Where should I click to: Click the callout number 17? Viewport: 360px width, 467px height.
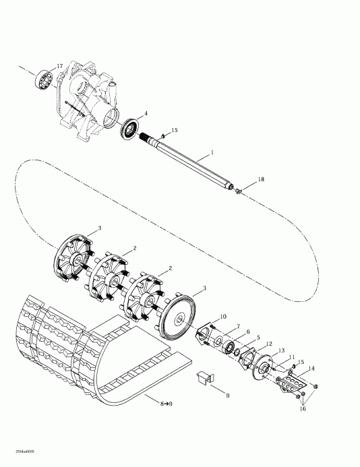click(60, 66)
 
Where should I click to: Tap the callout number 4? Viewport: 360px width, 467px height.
click(146, 114)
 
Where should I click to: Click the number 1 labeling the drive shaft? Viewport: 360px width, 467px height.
click(212, 154)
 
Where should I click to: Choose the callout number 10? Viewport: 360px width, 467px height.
click(223, 317)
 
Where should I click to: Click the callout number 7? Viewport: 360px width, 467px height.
click(238, 326)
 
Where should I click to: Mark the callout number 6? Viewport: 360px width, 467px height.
click(248, 333)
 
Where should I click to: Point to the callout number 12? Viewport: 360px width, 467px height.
click(269, 344)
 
